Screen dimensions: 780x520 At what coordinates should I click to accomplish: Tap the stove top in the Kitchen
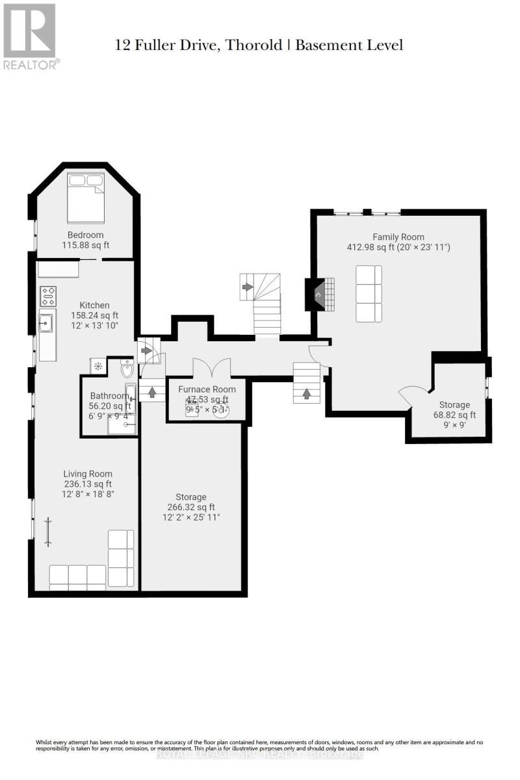coord(48,296)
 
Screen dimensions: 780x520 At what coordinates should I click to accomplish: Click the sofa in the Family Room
coord(369,293)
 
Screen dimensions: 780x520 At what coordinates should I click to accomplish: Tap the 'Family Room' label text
coord(398,237)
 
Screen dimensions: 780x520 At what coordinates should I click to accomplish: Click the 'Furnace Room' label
coord(207,389)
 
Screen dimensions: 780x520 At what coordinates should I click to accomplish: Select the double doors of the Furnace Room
coord(211,368)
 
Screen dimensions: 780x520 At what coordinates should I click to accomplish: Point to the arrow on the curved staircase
coord(248,285)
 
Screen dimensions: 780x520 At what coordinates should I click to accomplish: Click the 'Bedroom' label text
coord(85,235)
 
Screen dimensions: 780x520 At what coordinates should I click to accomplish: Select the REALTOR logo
coord(31,36)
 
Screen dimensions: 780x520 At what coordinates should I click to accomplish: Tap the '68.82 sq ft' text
coord(454,415)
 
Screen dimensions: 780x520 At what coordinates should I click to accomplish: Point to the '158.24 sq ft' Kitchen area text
coord(94,315)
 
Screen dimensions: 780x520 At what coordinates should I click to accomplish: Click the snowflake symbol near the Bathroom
coord(98,366)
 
